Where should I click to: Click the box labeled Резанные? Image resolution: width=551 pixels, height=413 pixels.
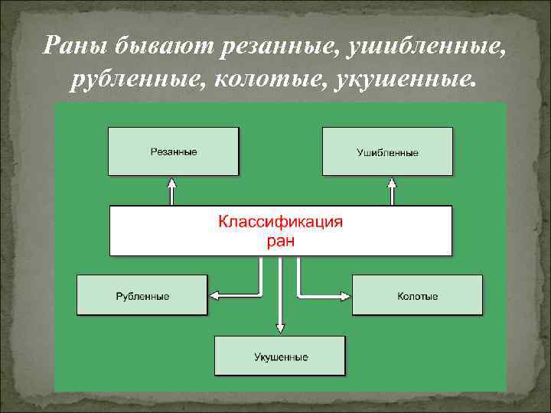[173, 151]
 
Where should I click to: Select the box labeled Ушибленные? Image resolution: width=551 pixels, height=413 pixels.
[387, 152]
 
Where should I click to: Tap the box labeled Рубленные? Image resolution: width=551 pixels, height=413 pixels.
[142, 295]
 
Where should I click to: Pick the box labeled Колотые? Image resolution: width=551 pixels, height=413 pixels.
[418, 295]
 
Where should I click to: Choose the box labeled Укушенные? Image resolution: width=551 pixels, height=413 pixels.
[280, 356]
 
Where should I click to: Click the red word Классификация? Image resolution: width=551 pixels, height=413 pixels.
[281, 223]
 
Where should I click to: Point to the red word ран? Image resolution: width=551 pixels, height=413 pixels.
[281, 242]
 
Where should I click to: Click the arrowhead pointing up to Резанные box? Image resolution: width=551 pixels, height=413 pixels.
[173, 184]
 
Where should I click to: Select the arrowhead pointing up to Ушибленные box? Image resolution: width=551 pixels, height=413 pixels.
[393, 184]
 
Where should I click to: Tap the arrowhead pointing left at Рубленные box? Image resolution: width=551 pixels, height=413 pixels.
[214, 294]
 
